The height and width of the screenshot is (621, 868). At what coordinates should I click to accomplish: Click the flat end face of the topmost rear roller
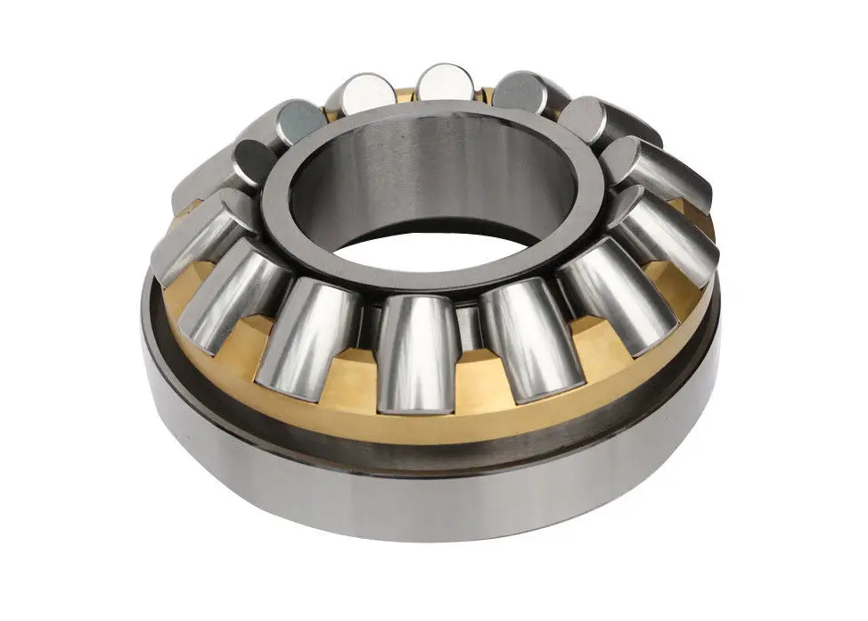[x=446, y=83]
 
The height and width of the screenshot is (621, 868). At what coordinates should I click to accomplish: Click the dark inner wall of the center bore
[x=419, y=178]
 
